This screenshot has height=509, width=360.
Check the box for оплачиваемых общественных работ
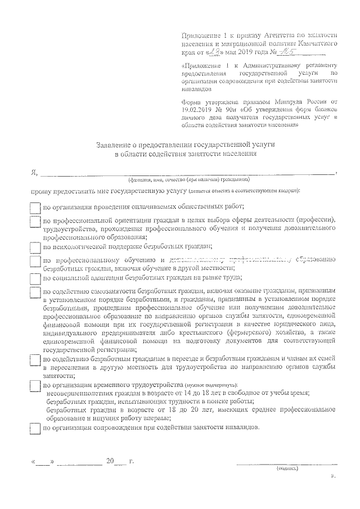35,207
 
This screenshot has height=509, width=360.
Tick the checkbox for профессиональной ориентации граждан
35,222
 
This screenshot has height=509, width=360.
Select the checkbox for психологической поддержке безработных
35,246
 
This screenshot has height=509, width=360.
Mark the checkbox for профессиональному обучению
35,262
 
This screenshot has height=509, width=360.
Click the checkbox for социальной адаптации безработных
35,277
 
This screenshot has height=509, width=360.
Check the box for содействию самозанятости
35,294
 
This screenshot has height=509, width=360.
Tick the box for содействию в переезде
35,360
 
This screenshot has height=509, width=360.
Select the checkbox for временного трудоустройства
35,385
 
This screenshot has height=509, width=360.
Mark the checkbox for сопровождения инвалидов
35,427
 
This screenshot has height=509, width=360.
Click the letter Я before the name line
34,172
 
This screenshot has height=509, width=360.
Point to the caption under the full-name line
188,181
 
